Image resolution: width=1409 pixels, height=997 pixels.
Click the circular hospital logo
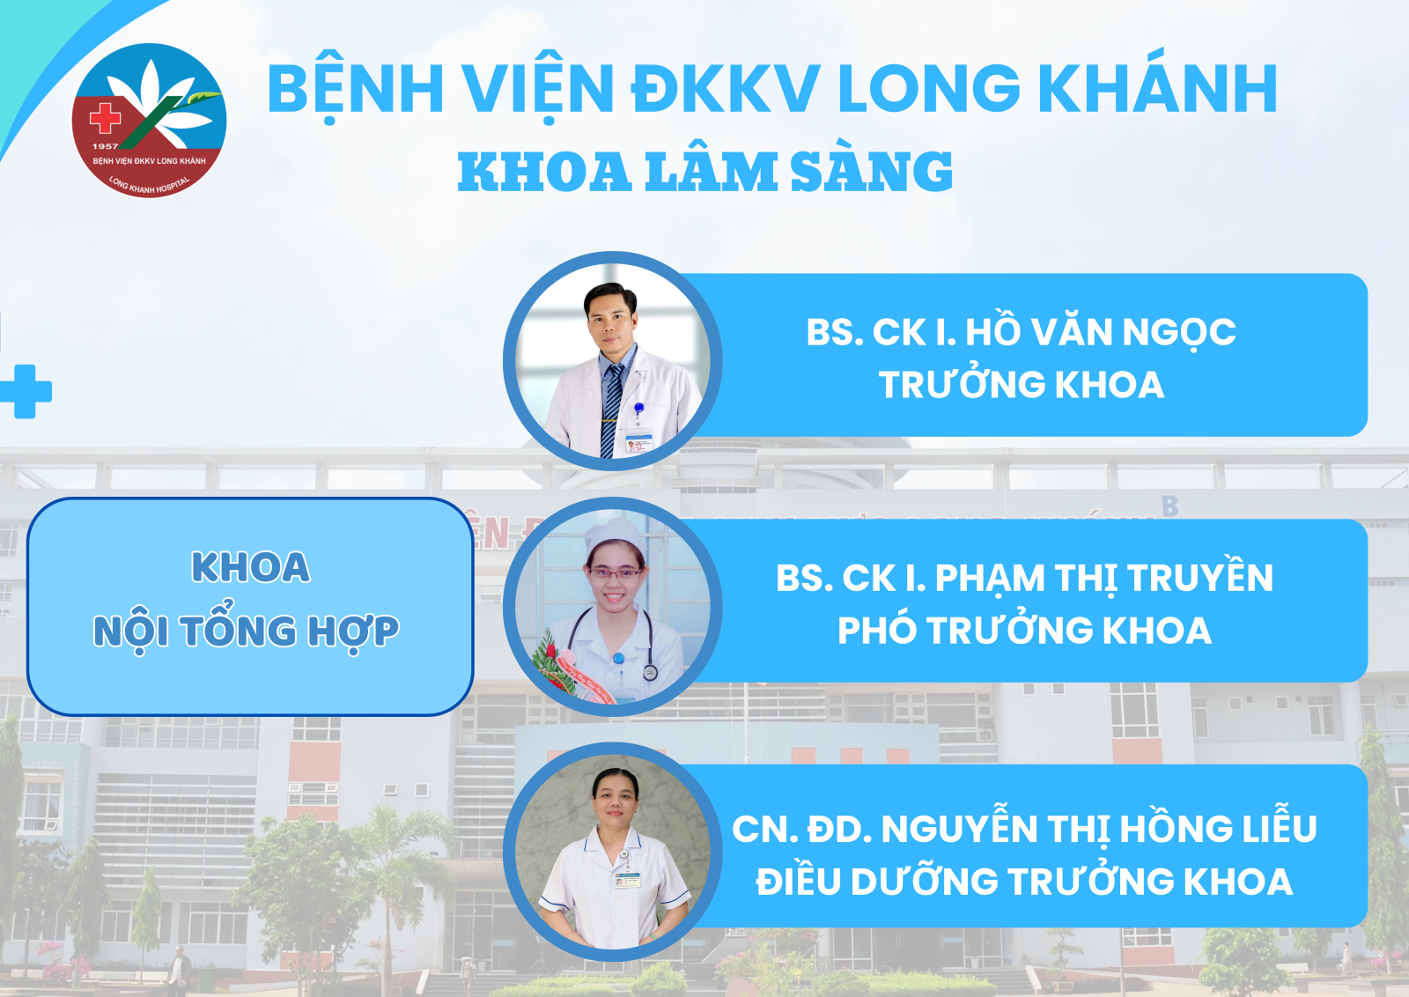[149, 120]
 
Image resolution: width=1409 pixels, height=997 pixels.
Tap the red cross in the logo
[105, 118]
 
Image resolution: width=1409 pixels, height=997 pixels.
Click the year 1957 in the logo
[105, 146]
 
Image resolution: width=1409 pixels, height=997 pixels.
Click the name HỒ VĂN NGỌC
[1101, 331]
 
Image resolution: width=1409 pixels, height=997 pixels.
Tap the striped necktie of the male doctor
[611, 409]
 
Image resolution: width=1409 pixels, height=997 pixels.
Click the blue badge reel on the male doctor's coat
[638, 408]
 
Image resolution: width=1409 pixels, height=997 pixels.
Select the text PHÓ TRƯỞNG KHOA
[1025, 631]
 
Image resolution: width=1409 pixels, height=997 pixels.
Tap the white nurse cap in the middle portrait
[615, 536]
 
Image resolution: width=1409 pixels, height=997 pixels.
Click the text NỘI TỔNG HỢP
[246, 631]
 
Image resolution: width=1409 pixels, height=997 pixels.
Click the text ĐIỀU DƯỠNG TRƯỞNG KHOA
[1024, 881]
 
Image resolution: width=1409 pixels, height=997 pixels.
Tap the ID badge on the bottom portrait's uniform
[626, 879]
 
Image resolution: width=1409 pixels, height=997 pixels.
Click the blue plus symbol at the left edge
[26, 391]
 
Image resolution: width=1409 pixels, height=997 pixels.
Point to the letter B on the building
[1170, 506]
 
